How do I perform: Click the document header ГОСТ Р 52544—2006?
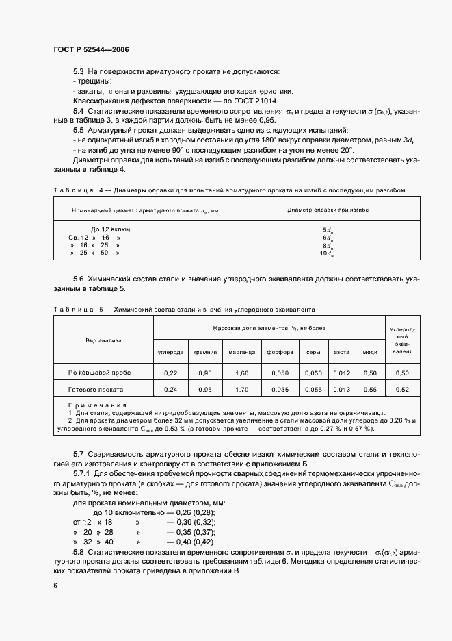(x=91, y=50)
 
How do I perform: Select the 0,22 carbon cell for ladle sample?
(x=170, y=373)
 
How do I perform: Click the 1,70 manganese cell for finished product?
(x=242, y=389)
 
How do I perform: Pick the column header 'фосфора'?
(x=280, y=352)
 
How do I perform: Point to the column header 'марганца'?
(x=242, y=352)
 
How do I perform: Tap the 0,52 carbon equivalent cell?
(x=402, y=389)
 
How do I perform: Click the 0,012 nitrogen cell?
(x=341, y=373)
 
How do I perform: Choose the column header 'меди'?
(x=370, y=352)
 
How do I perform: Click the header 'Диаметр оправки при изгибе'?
(x=328, y=210)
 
